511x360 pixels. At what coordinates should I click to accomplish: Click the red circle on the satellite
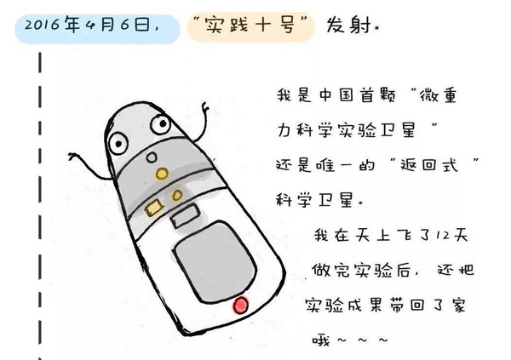[x=240, y=306]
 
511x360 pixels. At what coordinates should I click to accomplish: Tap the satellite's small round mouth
[x=152, y=158]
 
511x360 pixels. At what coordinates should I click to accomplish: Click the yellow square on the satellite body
[x=153, y=208]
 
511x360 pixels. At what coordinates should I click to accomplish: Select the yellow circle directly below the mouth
[x=162, y=174]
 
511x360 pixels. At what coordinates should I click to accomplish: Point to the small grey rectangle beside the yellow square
[x=185, y=215]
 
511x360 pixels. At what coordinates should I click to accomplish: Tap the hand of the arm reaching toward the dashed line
[x=73, y=157]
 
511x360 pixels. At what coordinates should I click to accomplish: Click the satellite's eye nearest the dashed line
[x=117, y=143]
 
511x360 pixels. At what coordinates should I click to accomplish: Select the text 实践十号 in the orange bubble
[x=250, y=25]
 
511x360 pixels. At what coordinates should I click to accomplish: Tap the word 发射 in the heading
[x=348, y=25]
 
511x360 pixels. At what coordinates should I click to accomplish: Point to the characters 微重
[x=438, y=95]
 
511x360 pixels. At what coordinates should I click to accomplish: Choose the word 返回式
[x=429, y=165]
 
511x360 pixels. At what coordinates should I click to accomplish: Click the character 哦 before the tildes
[x=321, y=340]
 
